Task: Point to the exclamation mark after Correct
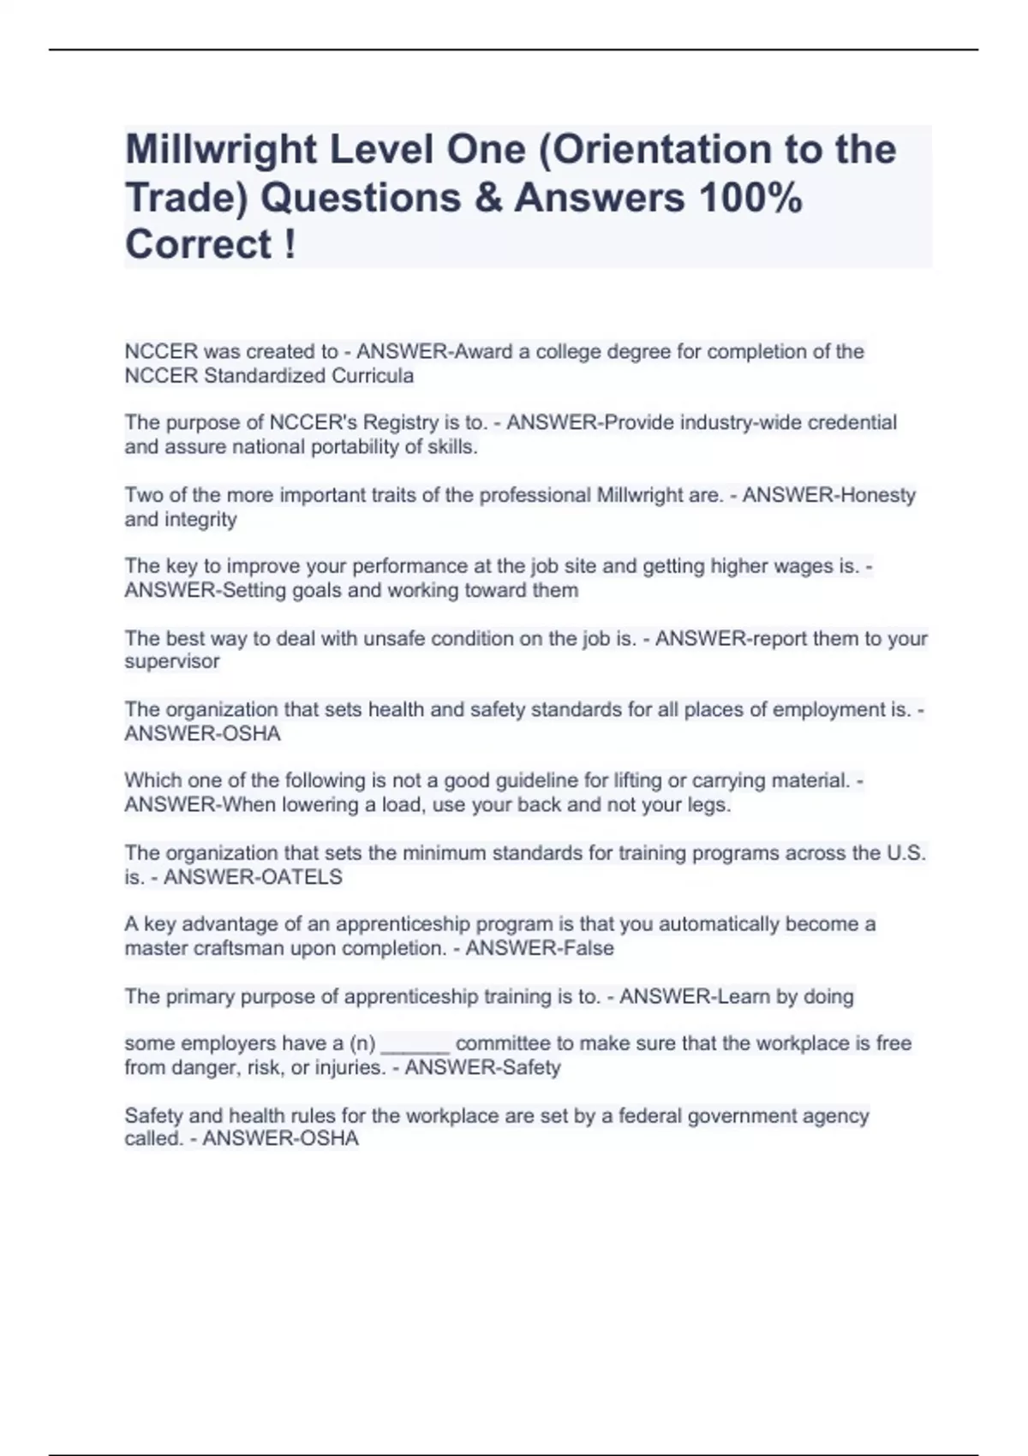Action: [289, 245]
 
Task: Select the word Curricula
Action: [374, 376]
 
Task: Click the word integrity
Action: [200, 520]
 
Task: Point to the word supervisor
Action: [172, 662]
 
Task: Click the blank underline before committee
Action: [415, 1045]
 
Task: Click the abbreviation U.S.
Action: [906, 853]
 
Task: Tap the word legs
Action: [710, 805]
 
